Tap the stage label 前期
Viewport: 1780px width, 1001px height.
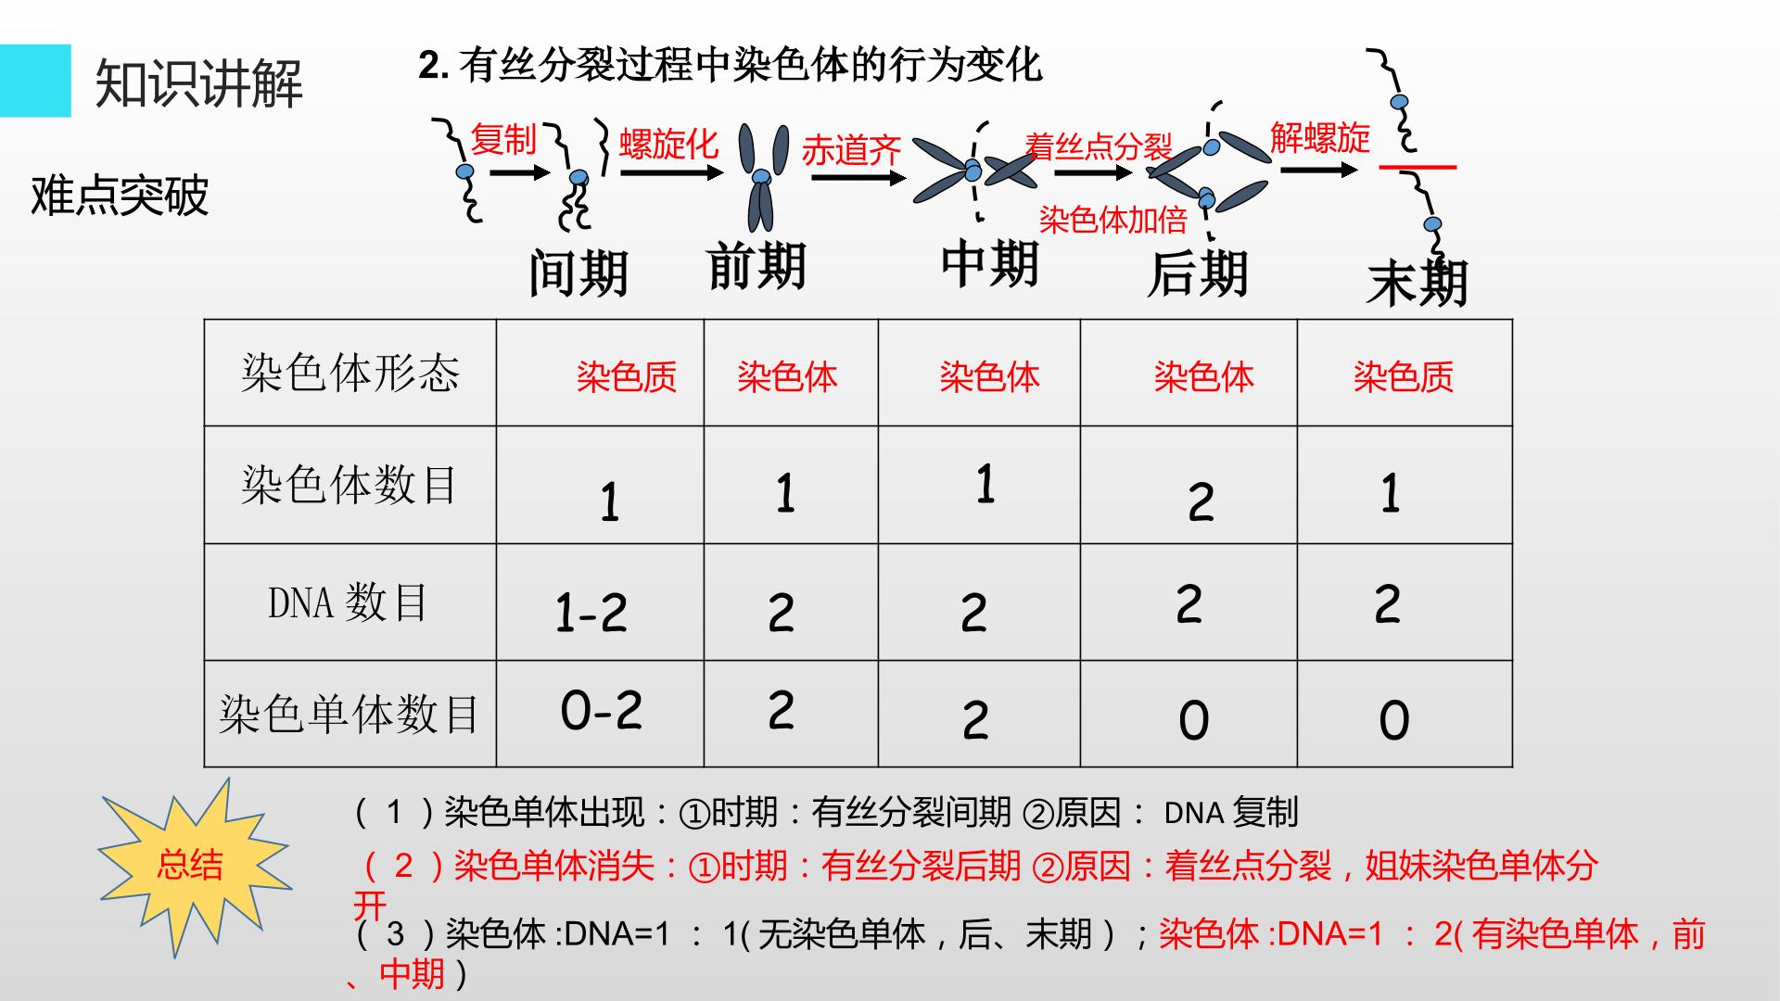pos(756,266)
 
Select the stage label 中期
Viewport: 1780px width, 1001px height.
pos(989,263)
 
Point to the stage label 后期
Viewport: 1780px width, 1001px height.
pos(1198,273)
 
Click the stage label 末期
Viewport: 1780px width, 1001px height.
pos(1418,283)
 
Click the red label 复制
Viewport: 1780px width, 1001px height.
pos(503,140)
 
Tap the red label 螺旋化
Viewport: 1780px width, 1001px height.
pos(668,144)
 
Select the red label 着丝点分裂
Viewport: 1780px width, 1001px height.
pos(1099,146)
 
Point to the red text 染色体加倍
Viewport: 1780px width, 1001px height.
pos(1112,219)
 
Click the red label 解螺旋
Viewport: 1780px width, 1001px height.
pos(1320,138)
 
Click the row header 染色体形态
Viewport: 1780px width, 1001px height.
pos(350,373)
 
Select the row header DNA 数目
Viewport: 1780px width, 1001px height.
pos(349,602)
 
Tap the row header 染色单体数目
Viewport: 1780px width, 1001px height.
pos(350,714)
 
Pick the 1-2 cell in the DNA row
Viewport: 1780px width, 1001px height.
pos(591,613)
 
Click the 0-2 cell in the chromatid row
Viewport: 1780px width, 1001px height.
pos(602,711)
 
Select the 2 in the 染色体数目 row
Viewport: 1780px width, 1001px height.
pos(1201,502)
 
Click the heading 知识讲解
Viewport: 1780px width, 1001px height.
pos(199,83)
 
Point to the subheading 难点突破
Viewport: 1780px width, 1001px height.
pos(120,196)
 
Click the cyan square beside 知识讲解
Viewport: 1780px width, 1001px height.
pos(35,81)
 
